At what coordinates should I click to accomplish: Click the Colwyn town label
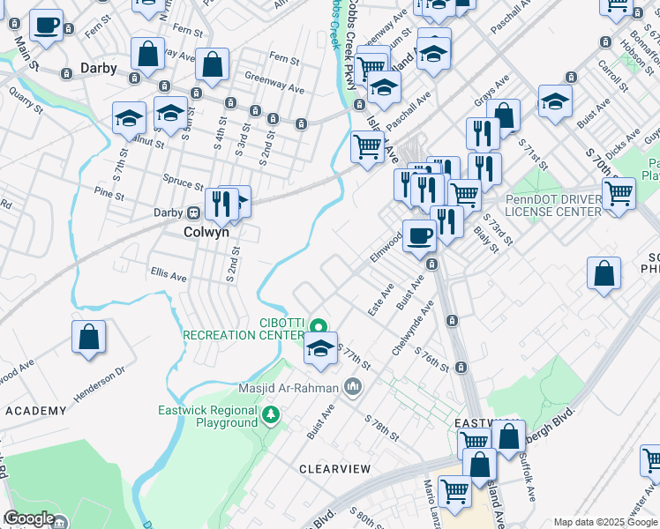[x=206, y=233]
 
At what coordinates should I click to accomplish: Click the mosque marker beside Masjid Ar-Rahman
[x=353, y=386]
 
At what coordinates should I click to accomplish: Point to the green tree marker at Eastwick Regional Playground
[x=273, y=414]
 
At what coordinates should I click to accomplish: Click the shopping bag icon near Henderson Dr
[x=88, y=338]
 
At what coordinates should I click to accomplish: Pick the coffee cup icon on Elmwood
[x=419, y=235]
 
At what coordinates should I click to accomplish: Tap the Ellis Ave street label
[x=169, y=275]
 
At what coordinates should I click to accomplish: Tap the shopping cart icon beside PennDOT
[x=619, y=191]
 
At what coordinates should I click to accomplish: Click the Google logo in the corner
[x=28, y=518]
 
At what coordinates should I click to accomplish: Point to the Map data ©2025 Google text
[x=605, y=522]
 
